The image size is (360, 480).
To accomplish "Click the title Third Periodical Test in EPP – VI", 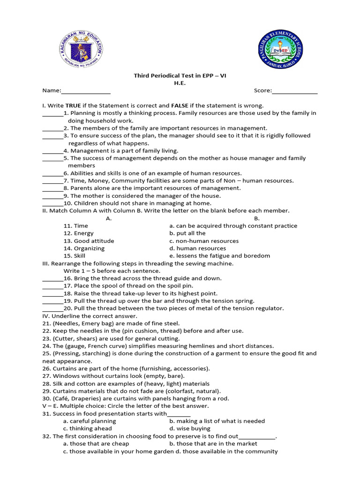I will (x=180, y=75).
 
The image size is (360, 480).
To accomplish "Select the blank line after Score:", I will (x=294, y=91).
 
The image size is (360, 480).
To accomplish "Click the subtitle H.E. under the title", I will (x=180, y=83).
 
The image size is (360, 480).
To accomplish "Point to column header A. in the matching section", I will (x=109, y=218).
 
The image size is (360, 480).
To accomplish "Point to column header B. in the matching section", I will (x=257, y=218).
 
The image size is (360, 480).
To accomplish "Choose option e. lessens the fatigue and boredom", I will (x=220, y=256).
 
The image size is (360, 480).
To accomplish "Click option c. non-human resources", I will (x=204, y=241).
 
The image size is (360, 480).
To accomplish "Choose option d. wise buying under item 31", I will (x=190, y=428).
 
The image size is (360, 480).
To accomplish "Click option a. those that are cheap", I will (x=96, y=443).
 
